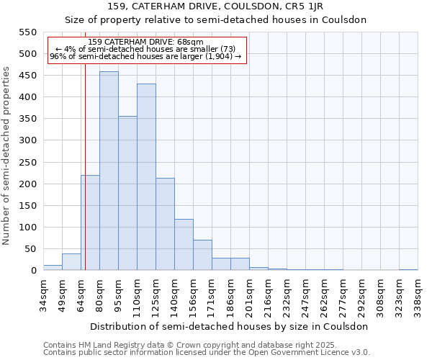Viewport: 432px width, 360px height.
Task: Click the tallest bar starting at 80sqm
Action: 109,171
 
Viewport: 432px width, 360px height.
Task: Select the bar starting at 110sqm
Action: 146,177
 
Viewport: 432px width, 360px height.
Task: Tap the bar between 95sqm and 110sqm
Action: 127,193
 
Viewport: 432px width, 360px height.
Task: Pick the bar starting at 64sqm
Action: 90,222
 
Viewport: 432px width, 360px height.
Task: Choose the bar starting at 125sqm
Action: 165,224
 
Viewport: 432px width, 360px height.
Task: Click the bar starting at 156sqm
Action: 202,255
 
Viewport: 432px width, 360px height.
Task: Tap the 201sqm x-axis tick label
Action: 250,294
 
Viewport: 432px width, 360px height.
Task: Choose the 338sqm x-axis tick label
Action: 418,294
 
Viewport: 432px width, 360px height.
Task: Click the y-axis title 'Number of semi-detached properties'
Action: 7,156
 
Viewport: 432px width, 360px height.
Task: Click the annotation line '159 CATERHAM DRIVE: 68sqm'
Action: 146,42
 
